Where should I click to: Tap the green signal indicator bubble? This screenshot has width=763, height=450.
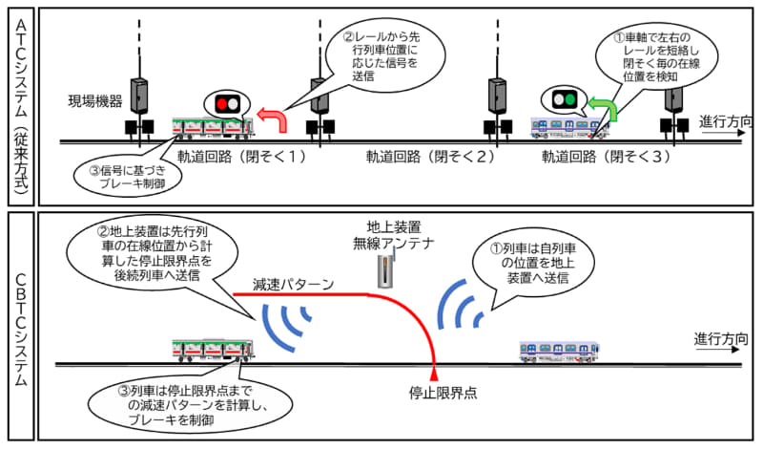pos(563,97)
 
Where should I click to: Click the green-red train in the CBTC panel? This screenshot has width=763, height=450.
pos(212,350)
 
